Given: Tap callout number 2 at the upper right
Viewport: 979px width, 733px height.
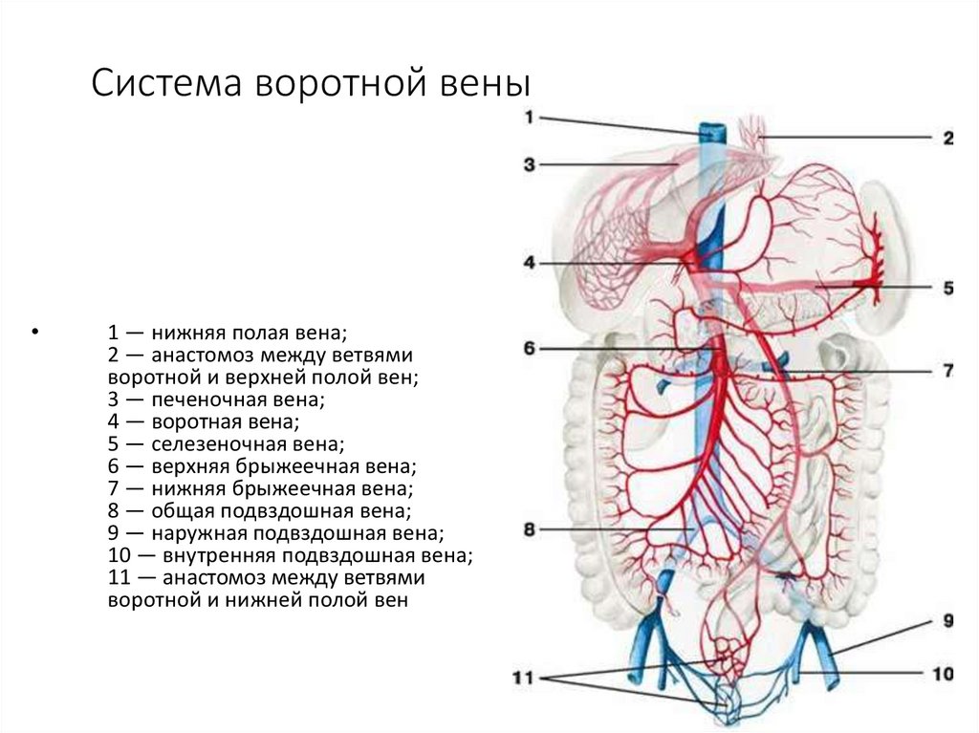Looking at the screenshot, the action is point(947,139).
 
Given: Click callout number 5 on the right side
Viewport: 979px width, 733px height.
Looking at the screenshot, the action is point(947,287).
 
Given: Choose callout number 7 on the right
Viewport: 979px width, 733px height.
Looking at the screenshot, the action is point(947,371).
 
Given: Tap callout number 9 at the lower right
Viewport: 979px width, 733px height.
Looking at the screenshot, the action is point(947,620).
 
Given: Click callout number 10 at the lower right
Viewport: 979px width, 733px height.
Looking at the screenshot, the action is point(944,675).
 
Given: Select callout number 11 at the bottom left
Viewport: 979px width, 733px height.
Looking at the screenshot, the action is point(522,679).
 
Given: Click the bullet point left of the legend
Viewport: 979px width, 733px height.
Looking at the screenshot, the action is point(35,334).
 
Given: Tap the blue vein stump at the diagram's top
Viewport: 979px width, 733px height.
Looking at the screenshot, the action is point(709,133).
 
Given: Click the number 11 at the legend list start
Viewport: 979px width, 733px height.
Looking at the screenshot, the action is point(119,578).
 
